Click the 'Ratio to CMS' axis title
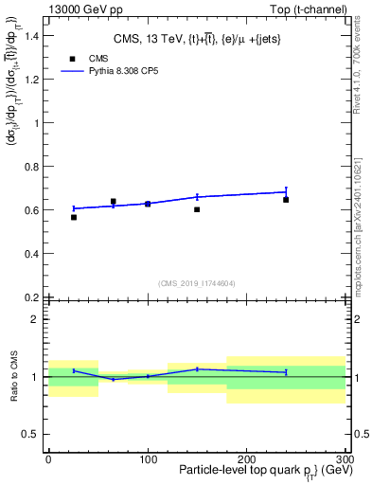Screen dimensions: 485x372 click(x=14, y=376)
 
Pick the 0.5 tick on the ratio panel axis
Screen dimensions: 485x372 click(x=34, y=434)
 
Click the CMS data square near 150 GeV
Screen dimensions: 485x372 click(x=197, y=208)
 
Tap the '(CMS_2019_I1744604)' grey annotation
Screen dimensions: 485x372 click(x=196, y=282)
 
